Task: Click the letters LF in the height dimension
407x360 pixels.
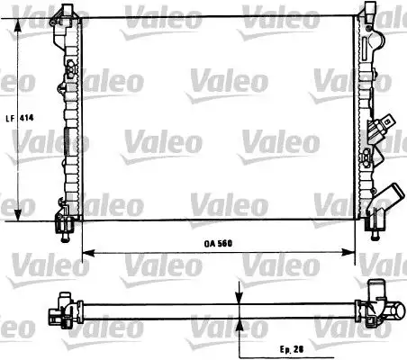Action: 8,117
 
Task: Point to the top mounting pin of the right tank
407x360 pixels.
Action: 369,8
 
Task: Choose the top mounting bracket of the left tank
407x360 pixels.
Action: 66,13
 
